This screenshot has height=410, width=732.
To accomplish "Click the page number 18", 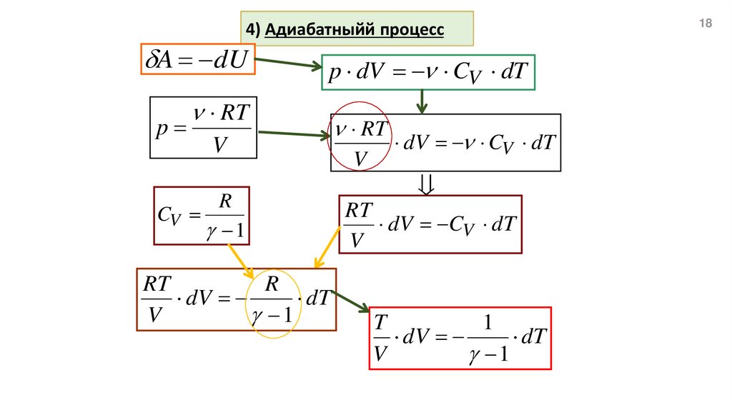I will click(x=706, y=24).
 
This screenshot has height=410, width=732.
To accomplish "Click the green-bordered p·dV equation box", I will click(x=428, y=72).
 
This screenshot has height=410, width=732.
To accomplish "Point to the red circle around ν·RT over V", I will click(x=360, y=136).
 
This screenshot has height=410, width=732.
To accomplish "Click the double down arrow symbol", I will click(x=426, y=185).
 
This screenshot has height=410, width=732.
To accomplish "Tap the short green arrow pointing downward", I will click(x=422, y=101).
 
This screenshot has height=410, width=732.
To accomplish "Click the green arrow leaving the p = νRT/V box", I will click(x=292, y=134).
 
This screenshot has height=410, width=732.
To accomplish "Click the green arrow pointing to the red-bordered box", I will click(x=351, y=301).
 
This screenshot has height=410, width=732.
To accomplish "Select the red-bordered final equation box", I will click(x=460, y=338).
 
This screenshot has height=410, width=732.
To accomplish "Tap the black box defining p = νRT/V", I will click(x=203, y=127).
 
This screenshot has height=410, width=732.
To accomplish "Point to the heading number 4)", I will click(x=252, y=30).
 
